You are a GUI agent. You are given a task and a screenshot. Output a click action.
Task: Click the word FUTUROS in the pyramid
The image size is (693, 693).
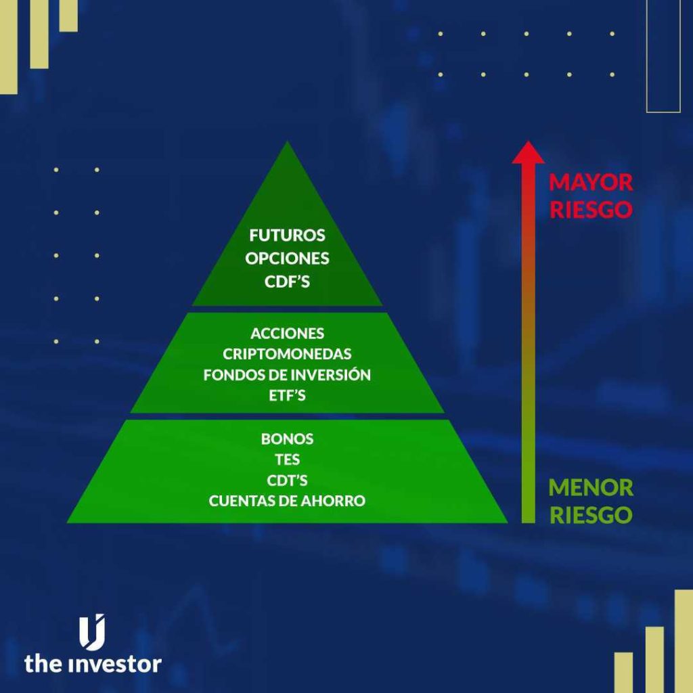pyautogui.click(x=287, y=236)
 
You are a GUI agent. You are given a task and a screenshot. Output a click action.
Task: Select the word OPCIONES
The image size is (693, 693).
pyautogui.click(x=287, y=259)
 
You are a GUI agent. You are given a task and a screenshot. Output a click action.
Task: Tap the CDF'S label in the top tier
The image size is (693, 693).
pyautogui.click(x=287, y=282)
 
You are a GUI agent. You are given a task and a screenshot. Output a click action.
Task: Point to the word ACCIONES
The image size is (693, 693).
pyautogui.click(x=287, y=334)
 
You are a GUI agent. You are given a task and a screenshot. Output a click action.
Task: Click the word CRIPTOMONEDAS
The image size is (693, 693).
pyautogui.click(x=287, y=354)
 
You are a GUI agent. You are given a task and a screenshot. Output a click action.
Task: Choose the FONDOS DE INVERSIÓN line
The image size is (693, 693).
pyautogui.click(x=287, y=375)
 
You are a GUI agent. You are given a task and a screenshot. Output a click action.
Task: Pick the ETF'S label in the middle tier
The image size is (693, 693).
pyautogui.click(x=287, y=395)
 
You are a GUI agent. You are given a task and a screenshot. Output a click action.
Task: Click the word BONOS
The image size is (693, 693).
pyautogui.click(x=287, y=439)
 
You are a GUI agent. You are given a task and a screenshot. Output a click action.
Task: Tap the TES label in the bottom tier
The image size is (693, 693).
pyautogui.click(x=287, y=460)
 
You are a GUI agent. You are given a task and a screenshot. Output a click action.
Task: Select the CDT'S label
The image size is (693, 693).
pyautogui.click(x=287, y=480)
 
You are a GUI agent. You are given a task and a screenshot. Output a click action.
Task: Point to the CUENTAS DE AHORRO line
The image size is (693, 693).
pyautogui.click(x=287, y=501)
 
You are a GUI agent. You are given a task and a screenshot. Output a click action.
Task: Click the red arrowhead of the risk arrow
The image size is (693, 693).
pyautogui.click(x=528, y=152)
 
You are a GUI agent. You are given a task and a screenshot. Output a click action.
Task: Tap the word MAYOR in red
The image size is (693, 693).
pyautogui.click(x=590, y=183)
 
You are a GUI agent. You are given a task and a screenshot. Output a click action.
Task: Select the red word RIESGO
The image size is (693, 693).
pyautogui.click(x=590, y=209)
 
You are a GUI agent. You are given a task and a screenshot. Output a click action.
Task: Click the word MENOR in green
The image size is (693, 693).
pyautogui.click(x=590, y=487)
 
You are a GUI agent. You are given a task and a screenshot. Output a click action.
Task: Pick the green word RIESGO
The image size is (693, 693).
pyautogui.click(x=590, y=514)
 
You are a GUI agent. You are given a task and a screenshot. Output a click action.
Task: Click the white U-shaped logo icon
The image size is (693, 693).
pyautogui.click(x=93, y=632)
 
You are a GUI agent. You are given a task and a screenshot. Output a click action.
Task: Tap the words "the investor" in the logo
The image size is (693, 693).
pyautogui.click(x=93, y=663)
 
